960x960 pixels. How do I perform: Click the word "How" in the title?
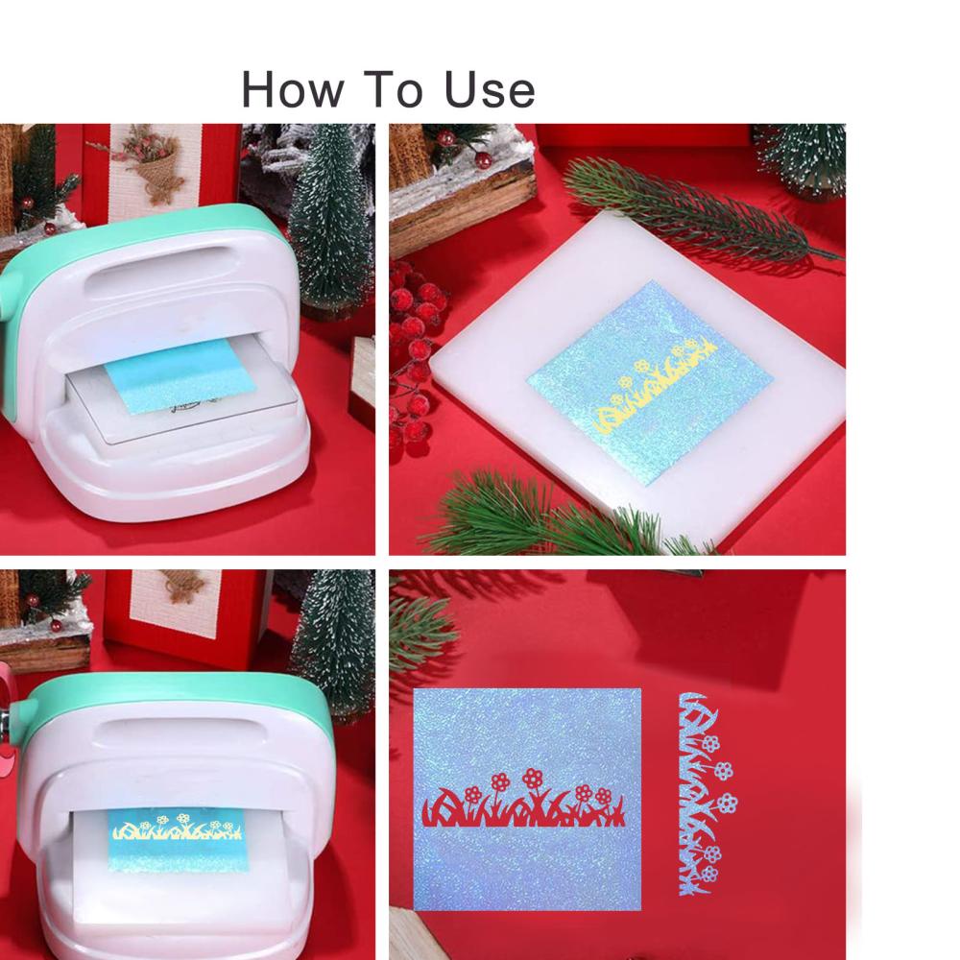(293, 89)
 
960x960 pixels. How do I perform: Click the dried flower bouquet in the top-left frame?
(150, 162)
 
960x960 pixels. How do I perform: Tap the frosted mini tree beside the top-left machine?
(330, 221)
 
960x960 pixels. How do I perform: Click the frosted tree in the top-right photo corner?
(802, 158)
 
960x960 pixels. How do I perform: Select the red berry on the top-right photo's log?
(483, 160)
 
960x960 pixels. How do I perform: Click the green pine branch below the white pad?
(551, 515)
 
